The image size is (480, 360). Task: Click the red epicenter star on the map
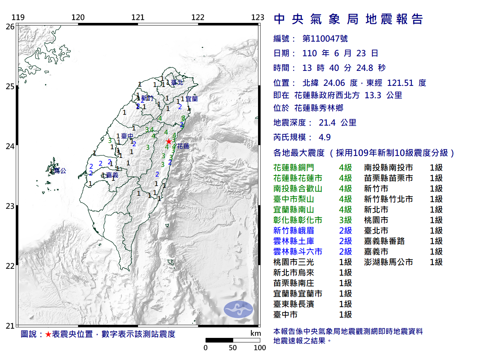169,141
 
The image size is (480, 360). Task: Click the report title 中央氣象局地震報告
348,19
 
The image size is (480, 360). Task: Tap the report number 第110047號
325,39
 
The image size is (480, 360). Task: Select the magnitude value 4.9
324,137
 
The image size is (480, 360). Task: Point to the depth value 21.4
327,123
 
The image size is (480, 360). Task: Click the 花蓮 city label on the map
183,146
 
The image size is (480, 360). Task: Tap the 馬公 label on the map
60,171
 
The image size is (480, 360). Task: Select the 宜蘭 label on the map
192,99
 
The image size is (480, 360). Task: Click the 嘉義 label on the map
112,175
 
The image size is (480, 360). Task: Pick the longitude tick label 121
138,17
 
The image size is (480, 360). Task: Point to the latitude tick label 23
10,206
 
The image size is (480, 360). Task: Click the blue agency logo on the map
238,309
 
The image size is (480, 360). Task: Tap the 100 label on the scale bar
259,348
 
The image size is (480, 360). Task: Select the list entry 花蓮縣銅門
294,168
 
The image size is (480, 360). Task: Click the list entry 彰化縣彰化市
298,220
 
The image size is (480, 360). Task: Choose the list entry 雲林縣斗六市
298,252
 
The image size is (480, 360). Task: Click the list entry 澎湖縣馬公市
388,262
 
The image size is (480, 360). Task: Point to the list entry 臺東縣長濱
294,304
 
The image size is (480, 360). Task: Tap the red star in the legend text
48,334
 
